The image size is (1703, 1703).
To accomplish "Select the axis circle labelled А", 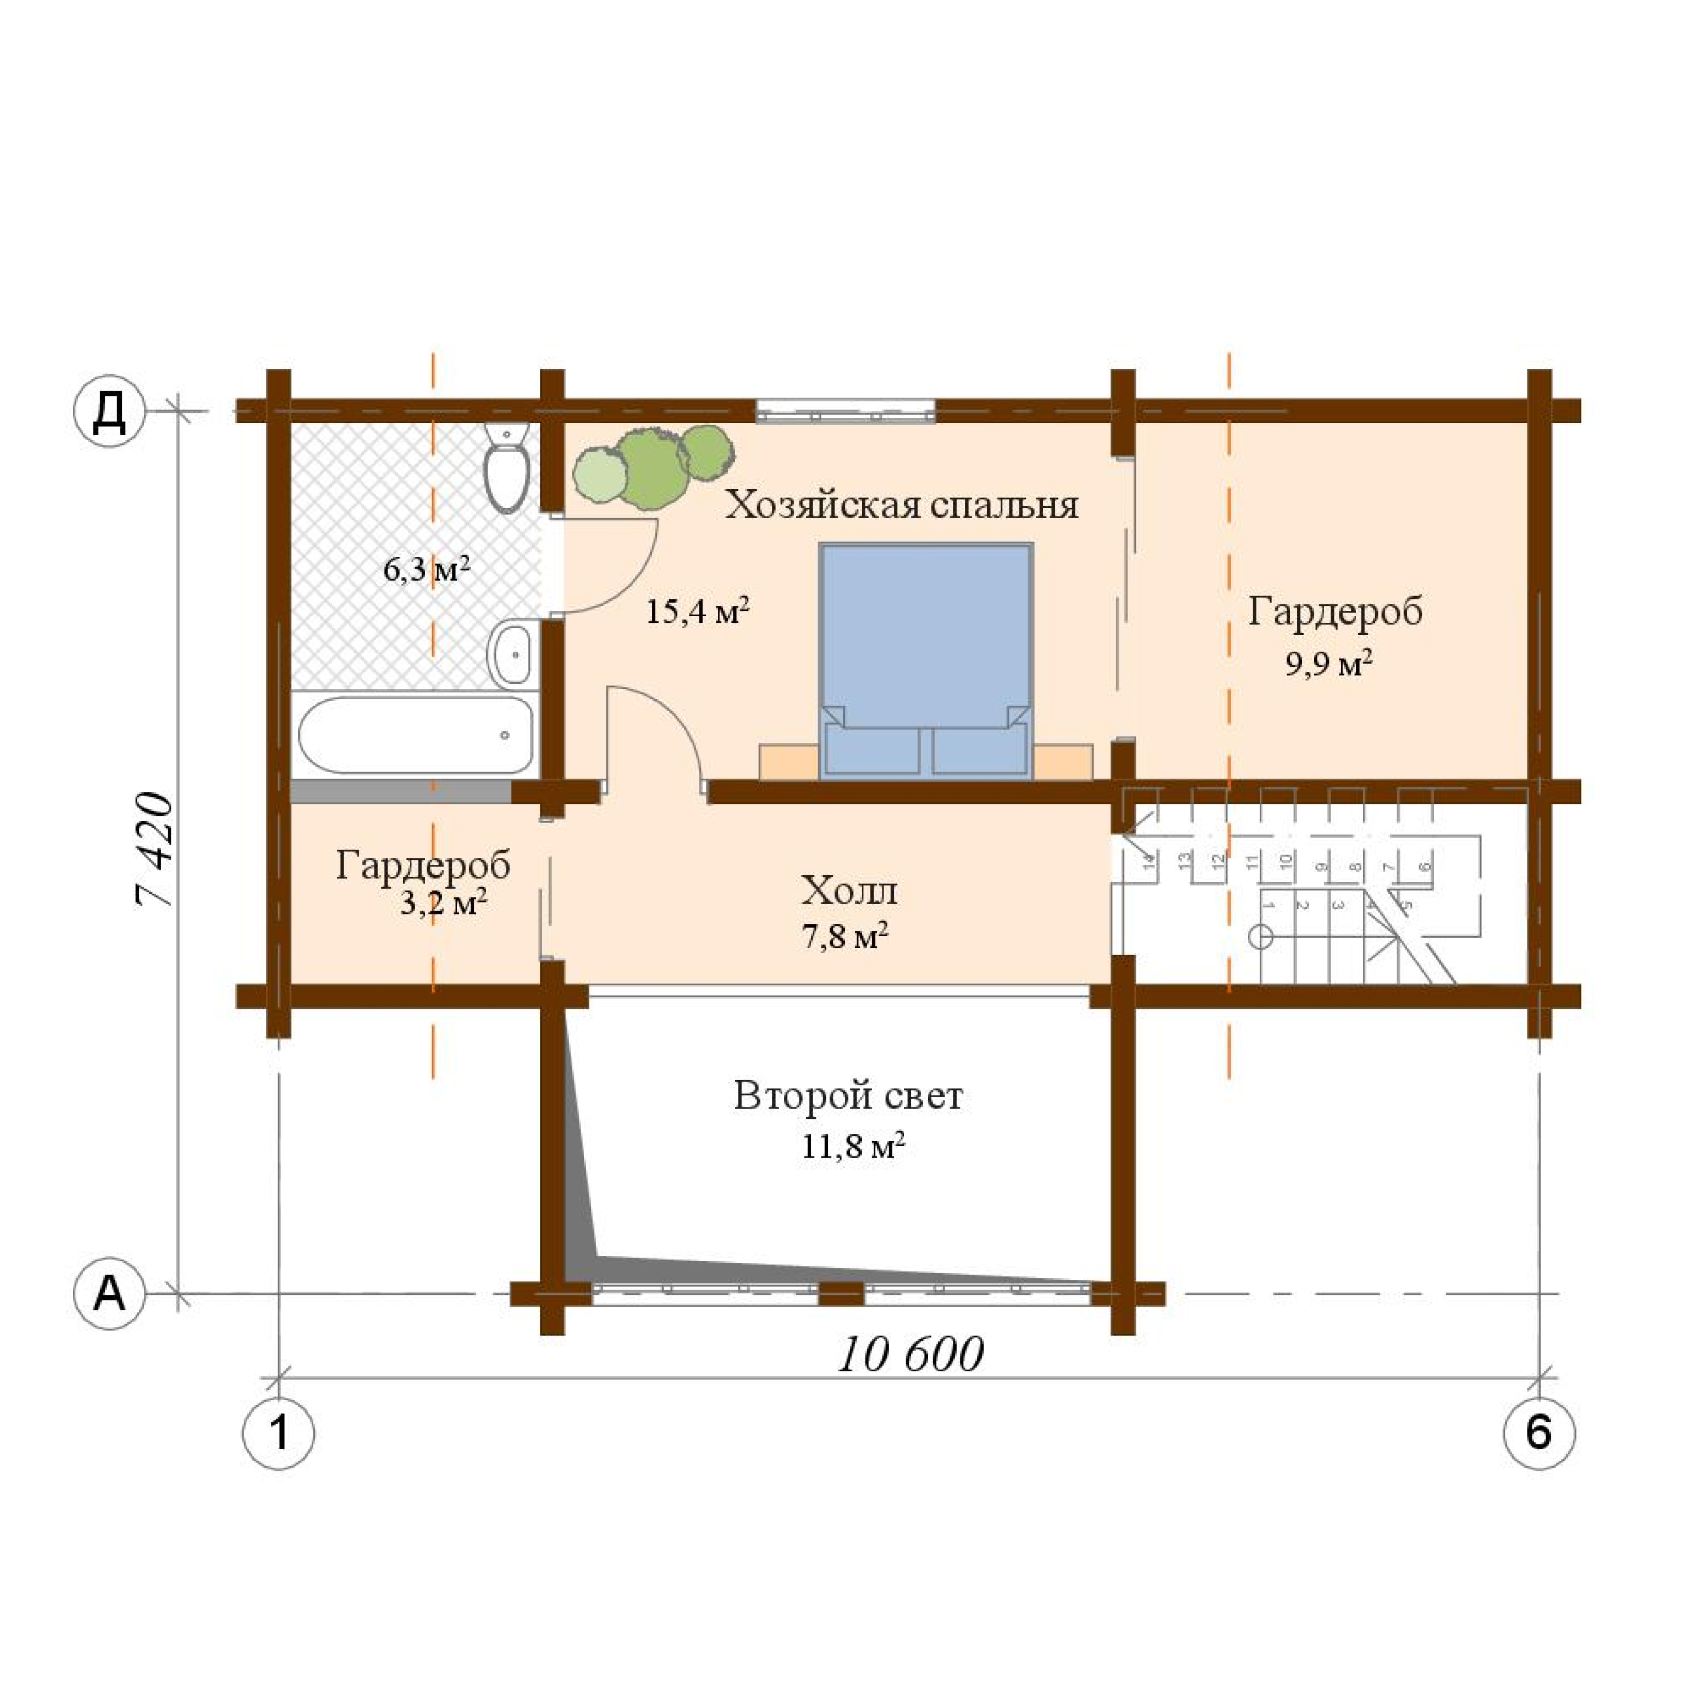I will tap(108, 1294).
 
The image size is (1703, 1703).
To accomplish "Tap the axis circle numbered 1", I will tap(279, 1433).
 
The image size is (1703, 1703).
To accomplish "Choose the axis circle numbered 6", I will tap(1538, 1433).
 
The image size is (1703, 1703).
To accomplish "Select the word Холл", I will tap(849, 891).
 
